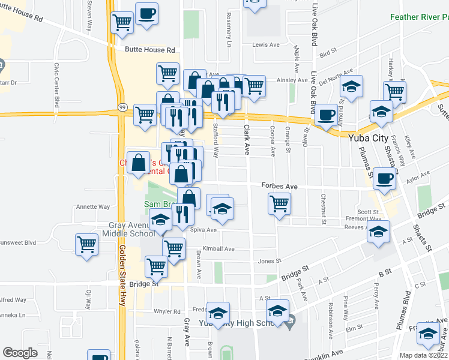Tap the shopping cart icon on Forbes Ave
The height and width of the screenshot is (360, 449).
coord(279,203)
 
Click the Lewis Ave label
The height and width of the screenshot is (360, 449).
coord(266,45)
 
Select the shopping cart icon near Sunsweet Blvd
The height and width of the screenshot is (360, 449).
coord(87,245)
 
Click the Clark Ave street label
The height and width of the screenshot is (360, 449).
coord(246,139)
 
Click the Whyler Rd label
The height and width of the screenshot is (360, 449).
coord(167,311)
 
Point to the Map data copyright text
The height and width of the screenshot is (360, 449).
coord(423,355)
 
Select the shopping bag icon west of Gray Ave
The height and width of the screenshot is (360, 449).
coord(139,162)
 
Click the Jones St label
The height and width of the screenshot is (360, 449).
coord(270,261)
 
